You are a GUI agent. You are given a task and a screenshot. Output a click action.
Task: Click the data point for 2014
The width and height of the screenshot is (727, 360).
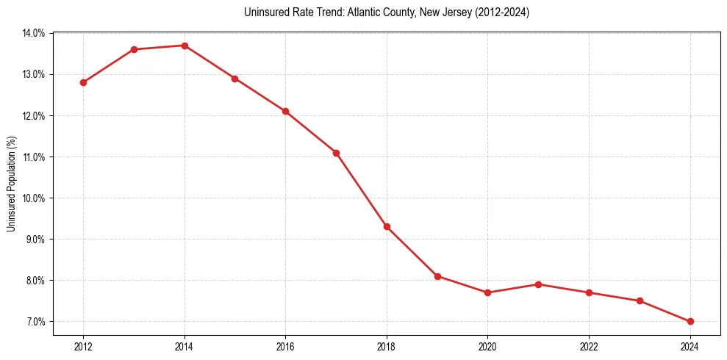(185, 46)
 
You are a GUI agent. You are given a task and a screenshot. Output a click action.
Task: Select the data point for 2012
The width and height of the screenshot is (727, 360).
(83, 82)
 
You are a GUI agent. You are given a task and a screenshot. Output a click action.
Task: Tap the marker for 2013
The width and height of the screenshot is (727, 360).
(134, 49)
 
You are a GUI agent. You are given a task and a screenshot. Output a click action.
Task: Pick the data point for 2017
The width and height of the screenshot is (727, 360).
(336, 153)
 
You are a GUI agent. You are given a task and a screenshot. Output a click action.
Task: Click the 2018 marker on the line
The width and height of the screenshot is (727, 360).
(387, 227)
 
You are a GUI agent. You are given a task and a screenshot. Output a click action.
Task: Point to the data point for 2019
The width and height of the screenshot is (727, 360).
(437, 276)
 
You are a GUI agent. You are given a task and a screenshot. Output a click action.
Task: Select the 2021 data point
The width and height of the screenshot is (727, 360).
(538, 284)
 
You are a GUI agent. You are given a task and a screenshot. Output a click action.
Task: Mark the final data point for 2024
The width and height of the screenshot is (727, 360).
(690, 321)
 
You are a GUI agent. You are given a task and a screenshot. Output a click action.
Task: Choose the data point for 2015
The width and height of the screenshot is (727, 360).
(234, 79)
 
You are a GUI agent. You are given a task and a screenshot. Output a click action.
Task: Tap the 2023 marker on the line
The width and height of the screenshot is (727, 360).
(640, 300)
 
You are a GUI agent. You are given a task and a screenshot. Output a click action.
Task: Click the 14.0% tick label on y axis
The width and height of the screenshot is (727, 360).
(34, 33)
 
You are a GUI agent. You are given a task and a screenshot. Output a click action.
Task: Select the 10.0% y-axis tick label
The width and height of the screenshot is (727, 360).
(34, 198)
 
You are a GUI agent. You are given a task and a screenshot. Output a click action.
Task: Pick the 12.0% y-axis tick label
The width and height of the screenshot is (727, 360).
(34, 116)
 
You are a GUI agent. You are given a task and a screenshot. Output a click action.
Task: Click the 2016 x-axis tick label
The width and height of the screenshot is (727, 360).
(285, 346)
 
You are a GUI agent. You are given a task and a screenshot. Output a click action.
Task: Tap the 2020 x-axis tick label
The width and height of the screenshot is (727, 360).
(487, 346)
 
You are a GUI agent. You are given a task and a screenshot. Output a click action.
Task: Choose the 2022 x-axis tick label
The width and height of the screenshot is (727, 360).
(589, 346)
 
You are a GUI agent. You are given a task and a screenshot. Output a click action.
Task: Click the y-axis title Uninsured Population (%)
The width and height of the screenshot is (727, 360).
(11, 184)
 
